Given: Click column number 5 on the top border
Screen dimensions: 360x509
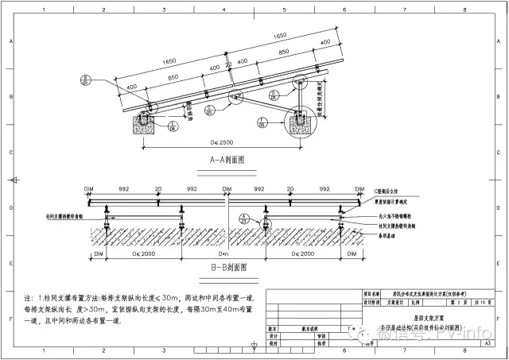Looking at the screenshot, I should pyautogui.click(x=284, y=12).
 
